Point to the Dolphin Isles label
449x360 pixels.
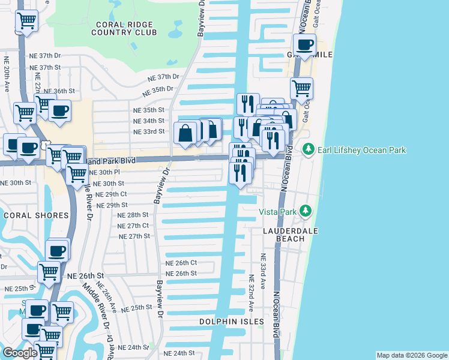click(x=232, y=322)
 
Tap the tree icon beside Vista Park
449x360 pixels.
click(x=306, y=211)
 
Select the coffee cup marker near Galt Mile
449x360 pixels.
click(x=305, y=44)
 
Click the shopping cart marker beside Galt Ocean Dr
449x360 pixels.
click(x=301, y=88)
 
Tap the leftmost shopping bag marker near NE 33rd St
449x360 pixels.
click(x=185, y=133)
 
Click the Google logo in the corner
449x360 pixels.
click(x=20, y=353)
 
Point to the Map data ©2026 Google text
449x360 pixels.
click(x=411, y=355)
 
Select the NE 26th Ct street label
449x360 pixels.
click(x=181, y=263)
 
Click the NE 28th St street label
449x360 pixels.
click(x=133, y=215)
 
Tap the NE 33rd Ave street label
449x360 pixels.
click(x=262, y=265)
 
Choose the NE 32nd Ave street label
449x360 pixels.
click(x=252, y=293)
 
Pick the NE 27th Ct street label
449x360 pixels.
click(x=134, y=226)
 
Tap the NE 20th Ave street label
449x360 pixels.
click(x=7, y=74)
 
